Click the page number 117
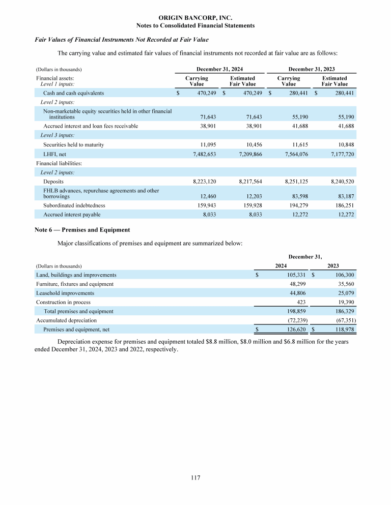(195, 478)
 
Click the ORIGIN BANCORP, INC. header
(195, 17)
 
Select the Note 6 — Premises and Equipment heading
(82, 230)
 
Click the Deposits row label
(53, 181)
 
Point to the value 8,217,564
(250, 181)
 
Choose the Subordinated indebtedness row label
(74, 205)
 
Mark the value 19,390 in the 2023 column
(345, 302)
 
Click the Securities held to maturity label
(74, 145)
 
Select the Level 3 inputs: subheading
(58, 135)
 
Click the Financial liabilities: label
(59, 163)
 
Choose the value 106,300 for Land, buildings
(342, 275)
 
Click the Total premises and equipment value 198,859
(294, 311)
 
